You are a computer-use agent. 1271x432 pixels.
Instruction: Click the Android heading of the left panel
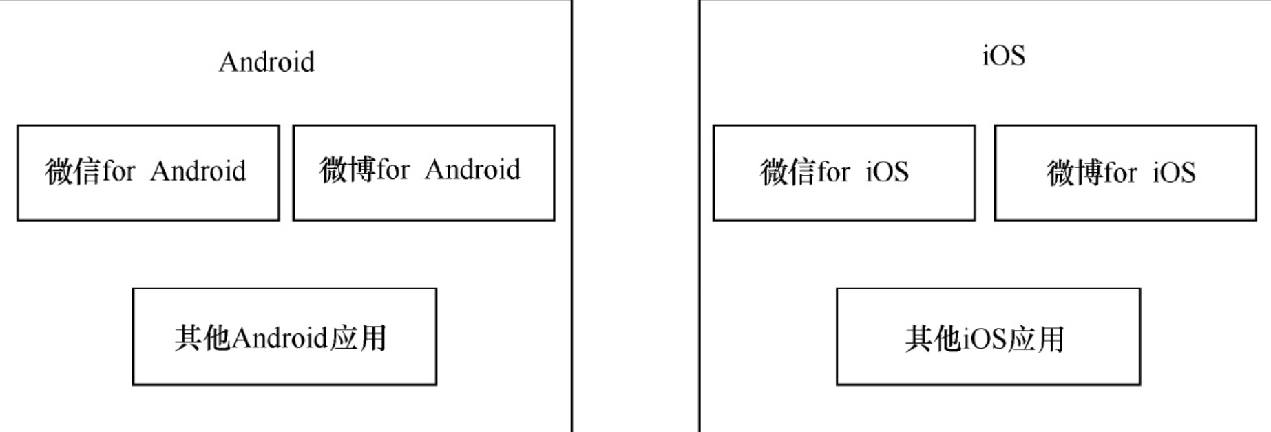[266, 62]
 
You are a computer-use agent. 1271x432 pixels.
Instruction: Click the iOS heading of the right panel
[1003, 55]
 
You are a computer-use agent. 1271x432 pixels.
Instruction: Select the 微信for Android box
[148, 173]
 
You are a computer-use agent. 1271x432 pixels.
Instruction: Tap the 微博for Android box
[423, 173]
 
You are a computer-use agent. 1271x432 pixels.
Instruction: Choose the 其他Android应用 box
[284, 337]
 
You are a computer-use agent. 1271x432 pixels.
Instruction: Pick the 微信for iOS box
[844, 173]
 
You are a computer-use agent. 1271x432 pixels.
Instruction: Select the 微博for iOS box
[1125, 173]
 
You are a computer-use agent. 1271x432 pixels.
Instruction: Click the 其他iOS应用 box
[988, 337]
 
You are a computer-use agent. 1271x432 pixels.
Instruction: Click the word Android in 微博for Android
[472, 169]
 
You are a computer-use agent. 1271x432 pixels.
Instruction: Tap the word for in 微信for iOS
[834, 172]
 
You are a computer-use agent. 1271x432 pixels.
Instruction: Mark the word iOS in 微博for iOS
[1174, 172]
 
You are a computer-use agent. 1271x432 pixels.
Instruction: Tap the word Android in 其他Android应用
[280, 338]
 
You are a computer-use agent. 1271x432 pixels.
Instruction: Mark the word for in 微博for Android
[394, 169]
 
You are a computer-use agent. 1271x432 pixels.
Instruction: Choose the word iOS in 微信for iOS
[887, 172]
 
